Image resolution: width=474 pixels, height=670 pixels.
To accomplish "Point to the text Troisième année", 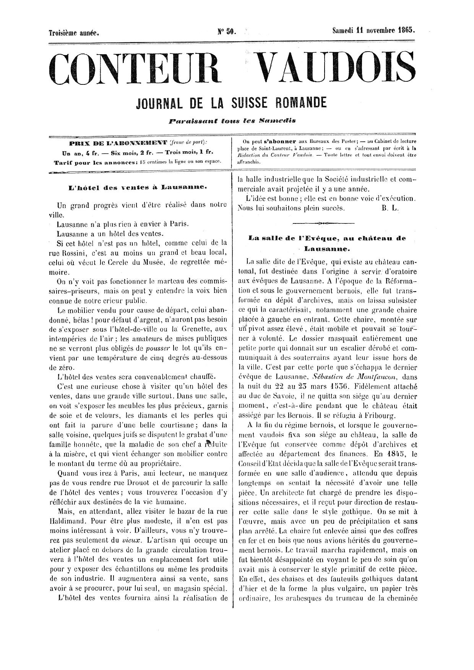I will (x=74, y=33).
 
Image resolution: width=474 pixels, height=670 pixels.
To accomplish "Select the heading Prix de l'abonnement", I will (x=118, y=143).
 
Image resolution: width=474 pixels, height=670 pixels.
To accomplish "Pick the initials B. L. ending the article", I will (x=390, y=208).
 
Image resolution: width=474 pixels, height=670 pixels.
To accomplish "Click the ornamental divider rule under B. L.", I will (x=323, y=222).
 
